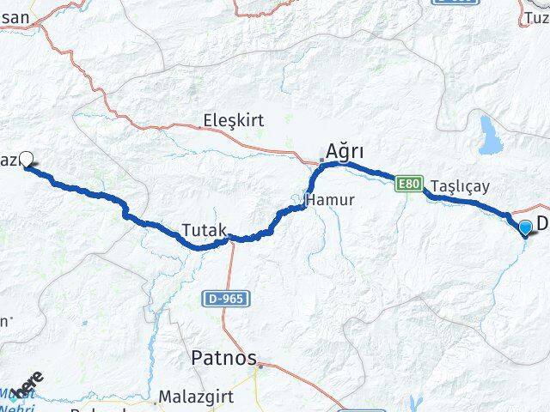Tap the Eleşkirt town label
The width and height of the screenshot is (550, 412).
[233, 122]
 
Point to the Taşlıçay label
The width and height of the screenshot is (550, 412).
[460, 185]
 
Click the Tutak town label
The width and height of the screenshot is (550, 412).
[204, 230]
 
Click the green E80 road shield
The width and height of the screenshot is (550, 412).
[410, 183]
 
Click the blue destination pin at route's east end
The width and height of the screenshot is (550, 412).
[526, 227]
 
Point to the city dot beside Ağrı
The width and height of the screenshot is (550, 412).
[321, 160]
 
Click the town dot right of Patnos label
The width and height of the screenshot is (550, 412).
[258, 363]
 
